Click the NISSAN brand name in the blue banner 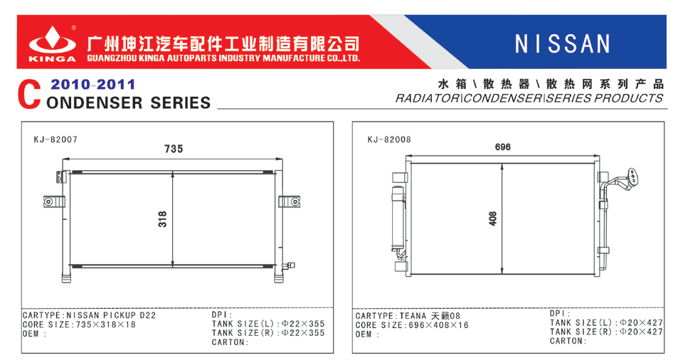562,44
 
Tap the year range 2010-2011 92,84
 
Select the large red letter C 29,95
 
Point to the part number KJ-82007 55,139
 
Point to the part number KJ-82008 389,139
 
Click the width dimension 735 174,149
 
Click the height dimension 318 162,219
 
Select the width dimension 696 503,147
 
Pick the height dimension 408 492,218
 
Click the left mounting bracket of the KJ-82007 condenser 54,202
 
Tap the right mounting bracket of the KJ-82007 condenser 290,202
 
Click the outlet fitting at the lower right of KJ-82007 288,265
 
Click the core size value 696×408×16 438,325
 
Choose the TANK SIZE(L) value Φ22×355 303,324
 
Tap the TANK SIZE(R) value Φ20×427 641,332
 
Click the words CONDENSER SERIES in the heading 128,103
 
